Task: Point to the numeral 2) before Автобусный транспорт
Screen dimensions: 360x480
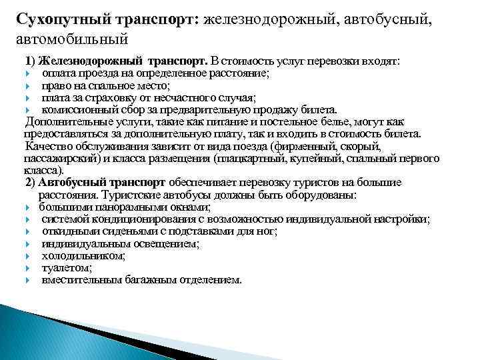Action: click(31, 181)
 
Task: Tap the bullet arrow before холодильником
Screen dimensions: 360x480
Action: click(29, 255)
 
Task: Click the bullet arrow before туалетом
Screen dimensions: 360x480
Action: click(29, 267)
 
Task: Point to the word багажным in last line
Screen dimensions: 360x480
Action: click(152, 279)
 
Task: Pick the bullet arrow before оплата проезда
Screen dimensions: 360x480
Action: click(29, 73)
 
